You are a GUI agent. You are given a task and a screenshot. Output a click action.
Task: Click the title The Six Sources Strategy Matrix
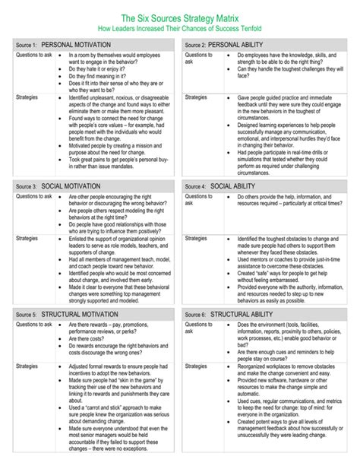pyautogui.click(x=179, y=17)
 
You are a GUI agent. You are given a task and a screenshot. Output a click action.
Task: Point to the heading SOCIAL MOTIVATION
pyautogui.click(x=71, y=186)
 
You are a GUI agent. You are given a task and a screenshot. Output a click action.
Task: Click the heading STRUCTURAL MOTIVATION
pyautogui.click(x=80, y=314)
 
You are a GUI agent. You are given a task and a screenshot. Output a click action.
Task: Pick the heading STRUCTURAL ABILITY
pyautogui.click(x=244, y=314)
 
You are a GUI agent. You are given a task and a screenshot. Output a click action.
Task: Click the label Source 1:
pyautogui.click(x=26, y=46)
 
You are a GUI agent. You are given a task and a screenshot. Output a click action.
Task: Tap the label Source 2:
pyautogui.click(x=193, y=46)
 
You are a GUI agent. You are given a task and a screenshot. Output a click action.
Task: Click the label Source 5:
pyautogui.click(x=26, y=315)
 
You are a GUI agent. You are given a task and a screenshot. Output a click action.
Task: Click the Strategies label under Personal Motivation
pyautogui.click(x=27, y=98)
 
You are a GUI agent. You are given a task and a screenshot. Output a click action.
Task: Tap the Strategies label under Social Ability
pyautogui.click(x=196, y=238)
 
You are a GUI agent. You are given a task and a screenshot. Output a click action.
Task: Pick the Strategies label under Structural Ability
pyautogui.click(x=196, y=366)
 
